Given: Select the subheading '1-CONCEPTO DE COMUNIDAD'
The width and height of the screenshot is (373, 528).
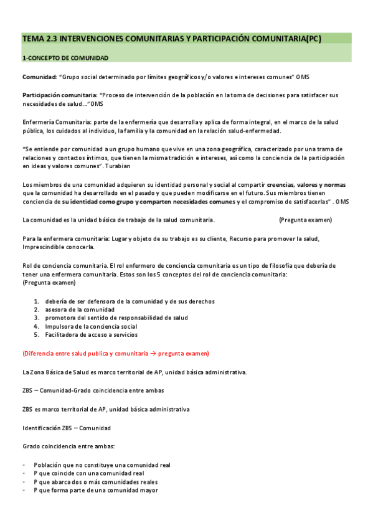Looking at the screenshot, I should tap(65, 58).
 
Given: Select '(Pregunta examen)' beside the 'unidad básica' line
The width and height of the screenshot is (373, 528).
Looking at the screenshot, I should tap(305, 220).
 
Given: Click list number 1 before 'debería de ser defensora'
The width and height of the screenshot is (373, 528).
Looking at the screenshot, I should tap(37, 301).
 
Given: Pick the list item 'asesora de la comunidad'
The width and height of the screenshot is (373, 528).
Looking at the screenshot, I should tap(80, 309).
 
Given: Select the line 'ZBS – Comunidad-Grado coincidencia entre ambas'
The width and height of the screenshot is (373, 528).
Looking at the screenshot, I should tap(93, 390).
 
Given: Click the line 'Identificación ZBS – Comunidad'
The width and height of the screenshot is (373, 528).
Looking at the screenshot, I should tap(66, 428).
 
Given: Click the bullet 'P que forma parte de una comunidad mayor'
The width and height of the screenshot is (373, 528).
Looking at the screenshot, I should tap(96, 490).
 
